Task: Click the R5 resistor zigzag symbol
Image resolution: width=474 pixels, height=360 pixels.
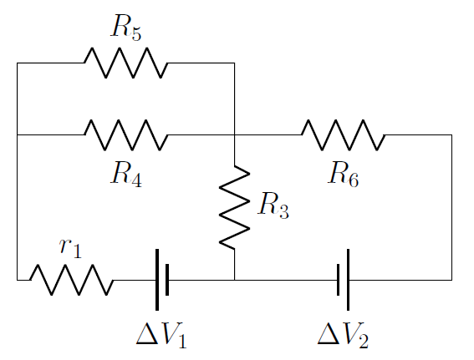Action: tap(125, 63)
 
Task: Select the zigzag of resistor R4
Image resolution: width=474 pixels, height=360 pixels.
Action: tap(125, 134)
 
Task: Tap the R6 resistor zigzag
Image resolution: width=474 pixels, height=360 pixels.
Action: tap(343, 134)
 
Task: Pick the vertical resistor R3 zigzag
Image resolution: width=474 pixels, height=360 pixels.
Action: tap(234, 207)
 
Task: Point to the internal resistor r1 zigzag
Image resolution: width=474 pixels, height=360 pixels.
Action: tap(71, 280)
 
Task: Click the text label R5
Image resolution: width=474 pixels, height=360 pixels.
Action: tap(125, 28)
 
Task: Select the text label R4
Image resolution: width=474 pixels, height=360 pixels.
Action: tap(125, 174)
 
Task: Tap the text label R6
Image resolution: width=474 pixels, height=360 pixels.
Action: tap(343, 174)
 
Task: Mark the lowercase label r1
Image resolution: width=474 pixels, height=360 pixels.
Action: tap(71, 247)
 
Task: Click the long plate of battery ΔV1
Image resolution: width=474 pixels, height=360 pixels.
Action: tap(157, 280)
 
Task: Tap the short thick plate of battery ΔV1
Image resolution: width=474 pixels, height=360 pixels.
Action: tap(168, 280)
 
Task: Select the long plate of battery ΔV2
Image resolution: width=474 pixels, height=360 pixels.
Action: tap(348, 280)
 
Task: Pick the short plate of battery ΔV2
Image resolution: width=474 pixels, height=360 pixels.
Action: tap(338, 280)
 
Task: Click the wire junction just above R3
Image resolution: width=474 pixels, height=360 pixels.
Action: tap(234, 134)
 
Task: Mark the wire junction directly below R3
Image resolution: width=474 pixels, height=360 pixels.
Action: tap(234, 280)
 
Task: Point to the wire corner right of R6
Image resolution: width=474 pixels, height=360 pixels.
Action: tap(451, 134)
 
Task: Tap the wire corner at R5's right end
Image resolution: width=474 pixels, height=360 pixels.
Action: tap(234, 63)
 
